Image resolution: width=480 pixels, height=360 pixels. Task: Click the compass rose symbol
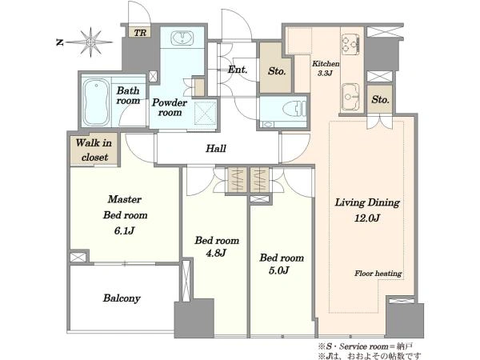tap(90, 42)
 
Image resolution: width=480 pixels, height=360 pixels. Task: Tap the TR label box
tap(140, 32)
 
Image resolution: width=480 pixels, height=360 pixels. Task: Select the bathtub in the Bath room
tap(96, 102)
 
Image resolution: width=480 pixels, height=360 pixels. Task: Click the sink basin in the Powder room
tap(182, 38)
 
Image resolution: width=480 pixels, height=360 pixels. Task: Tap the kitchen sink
tap(350, 97)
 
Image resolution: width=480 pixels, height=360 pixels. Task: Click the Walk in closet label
tap(94, 150)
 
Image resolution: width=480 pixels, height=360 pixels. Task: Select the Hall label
tap(216, 149)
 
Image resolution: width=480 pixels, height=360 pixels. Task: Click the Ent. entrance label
tap(238, 70)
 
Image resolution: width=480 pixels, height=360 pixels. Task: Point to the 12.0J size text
tap(367, 218)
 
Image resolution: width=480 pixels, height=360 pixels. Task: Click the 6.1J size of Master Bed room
tap(124, 230)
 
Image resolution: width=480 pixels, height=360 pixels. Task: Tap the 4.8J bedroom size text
tap(216, 253)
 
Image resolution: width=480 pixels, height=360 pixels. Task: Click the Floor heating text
tap(378, 274)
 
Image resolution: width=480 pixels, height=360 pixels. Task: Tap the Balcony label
tap(122, 298)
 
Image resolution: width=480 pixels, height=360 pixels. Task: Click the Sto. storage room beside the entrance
tap(277, 71)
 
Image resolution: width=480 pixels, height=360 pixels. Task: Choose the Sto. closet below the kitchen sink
tap(380, 99)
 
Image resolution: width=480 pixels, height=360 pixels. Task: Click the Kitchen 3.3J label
tap(326, 68)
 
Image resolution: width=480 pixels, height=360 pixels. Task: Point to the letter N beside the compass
tap(59, 42)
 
